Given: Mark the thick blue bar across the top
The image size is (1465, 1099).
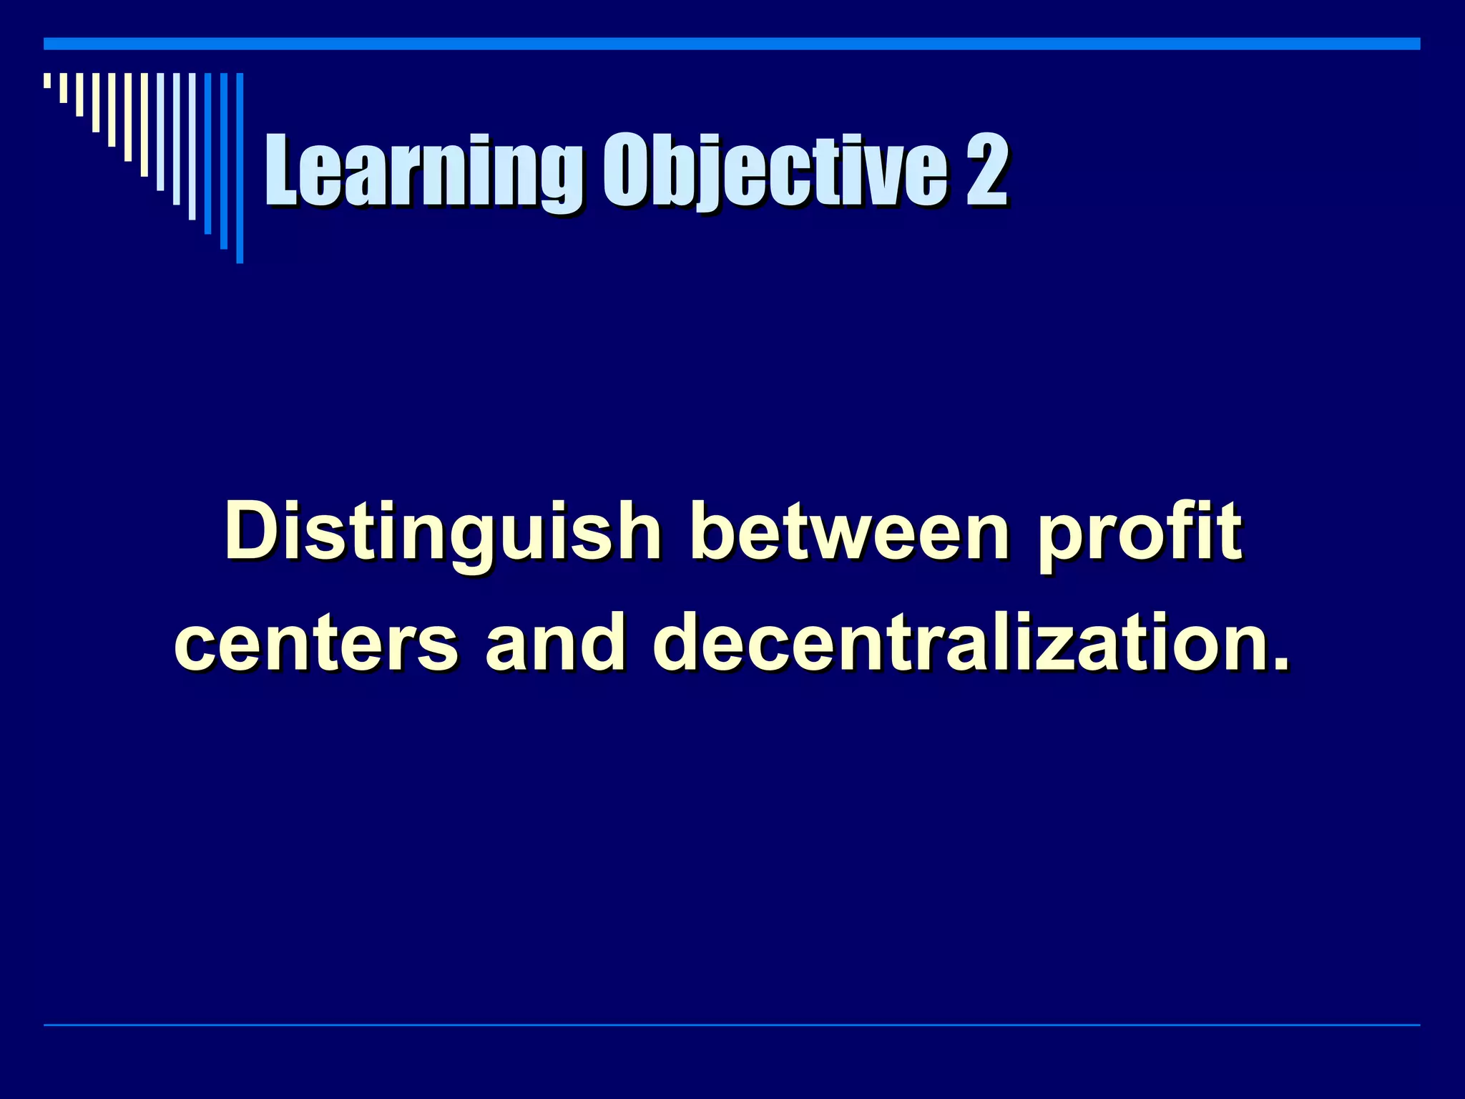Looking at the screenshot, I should coord(732,44).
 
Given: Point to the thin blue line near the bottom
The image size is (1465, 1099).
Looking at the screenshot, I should coord(732,1025).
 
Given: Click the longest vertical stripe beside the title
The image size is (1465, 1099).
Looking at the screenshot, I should coord(240,167).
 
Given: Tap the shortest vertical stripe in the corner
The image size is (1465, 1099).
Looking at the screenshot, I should coord(47,80).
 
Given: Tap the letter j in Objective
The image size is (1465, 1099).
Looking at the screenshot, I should coord(717,175).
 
